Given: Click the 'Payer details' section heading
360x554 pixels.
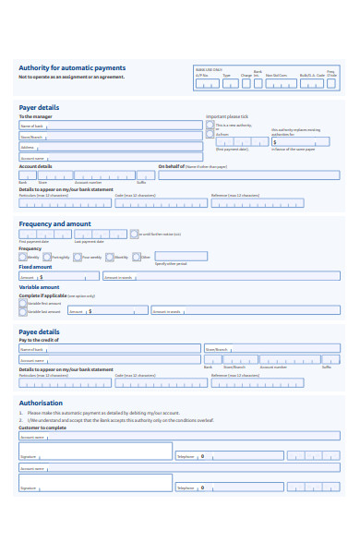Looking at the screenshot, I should (x=40, y=107).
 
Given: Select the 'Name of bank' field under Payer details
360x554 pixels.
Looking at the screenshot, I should (x=110, y=126).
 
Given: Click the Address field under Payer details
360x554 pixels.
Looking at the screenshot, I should (x=110, y=146).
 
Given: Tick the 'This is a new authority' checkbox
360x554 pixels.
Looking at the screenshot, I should (x=210, y=125).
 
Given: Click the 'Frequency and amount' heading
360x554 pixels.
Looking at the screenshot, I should (x=55, y=223).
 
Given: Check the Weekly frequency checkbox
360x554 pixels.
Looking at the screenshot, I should (x=23, y=257).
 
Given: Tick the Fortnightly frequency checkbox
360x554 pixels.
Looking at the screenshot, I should (x=48, y=257).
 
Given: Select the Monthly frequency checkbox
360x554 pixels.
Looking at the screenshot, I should (x=110, y=257).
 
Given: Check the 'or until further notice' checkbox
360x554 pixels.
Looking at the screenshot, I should (x=134, y=235).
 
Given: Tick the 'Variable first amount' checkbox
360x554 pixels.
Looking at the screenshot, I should (x=23, y=302).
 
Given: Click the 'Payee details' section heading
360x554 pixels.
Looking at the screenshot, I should (x=40, y=331).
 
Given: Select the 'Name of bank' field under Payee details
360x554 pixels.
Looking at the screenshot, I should (x=110, y=349).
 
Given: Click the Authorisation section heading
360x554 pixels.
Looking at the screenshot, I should (x=42, y=403).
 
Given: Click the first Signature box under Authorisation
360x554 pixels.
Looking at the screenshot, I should (x=95, y=452).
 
